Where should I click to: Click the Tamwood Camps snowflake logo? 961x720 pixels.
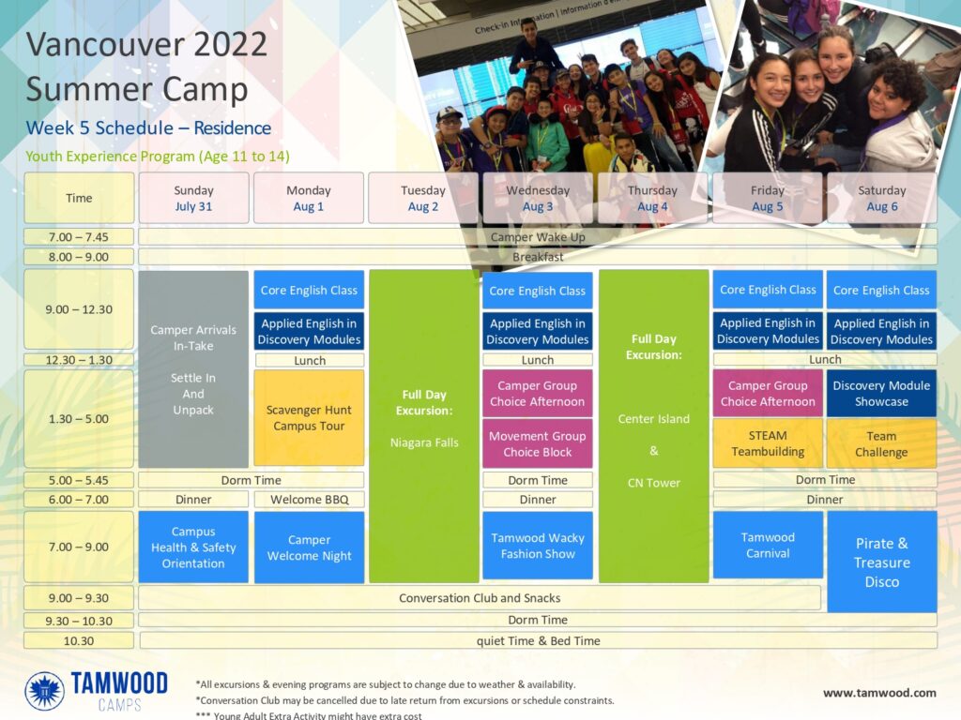tap(44, 691)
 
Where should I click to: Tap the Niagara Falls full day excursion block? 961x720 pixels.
tap(424, 427)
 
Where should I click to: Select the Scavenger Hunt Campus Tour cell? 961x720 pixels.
tap(309, 418)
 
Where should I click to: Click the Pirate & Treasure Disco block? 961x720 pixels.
tap(882, 562)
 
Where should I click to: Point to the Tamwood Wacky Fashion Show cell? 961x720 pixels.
tap(538, 546)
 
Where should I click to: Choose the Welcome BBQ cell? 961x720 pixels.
tap(309, 500)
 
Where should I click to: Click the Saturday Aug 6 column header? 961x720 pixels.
tap(882, 199)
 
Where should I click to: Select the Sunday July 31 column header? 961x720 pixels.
tap(193, 199)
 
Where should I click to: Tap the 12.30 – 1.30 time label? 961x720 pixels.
tap(79, 360)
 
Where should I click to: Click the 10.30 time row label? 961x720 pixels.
tap(79, 641)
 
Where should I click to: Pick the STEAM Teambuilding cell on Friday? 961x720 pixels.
tap(768, 443)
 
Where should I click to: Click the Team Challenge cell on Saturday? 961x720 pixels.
tap(882, 443)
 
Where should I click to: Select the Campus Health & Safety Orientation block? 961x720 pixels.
tap(193, 547)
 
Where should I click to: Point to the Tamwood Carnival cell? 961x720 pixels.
tap(768, 545)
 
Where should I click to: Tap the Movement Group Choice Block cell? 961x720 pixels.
tap(538, 443)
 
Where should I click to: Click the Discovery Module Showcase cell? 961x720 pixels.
tap(882, 393)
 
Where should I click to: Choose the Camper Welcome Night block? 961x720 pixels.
tap(309, 547)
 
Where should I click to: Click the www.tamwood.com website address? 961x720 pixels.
tap(879, 693)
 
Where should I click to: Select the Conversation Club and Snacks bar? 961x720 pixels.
tap(480, 598)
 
